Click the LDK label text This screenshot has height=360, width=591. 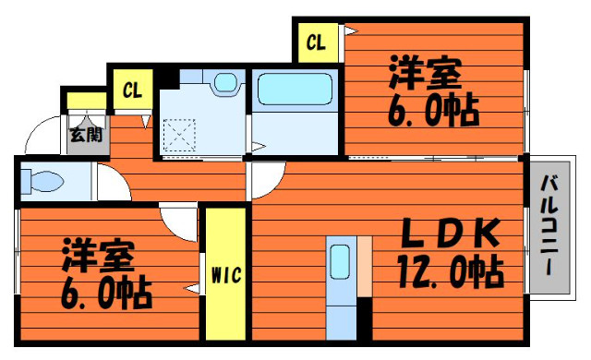pos(451,234)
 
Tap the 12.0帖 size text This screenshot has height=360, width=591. pos(451,271)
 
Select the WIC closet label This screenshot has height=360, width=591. pos(226,275)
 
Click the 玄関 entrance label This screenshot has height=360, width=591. pos(86,135)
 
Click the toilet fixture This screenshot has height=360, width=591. pos(42,181)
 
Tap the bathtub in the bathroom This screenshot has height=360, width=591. pos(295,89)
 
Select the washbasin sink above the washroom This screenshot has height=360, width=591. pos(225,82)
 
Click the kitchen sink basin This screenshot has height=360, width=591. pos(340,262)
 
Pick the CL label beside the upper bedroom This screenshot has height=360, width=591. pos(316,42)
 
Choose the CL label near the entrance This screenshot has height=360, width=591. pos(132,90)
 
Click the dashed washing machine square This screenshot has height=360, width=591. pos(179,135)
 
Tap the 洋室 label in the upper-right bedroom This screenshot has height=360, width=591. pos(426,72)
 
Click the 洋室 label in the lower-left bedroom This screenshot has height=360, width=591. pos(99,255)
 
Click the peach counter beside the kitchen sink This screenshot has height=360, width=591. pos(365,266)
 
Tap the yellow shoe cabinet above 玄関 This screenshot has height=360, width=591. pos(86,101)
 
